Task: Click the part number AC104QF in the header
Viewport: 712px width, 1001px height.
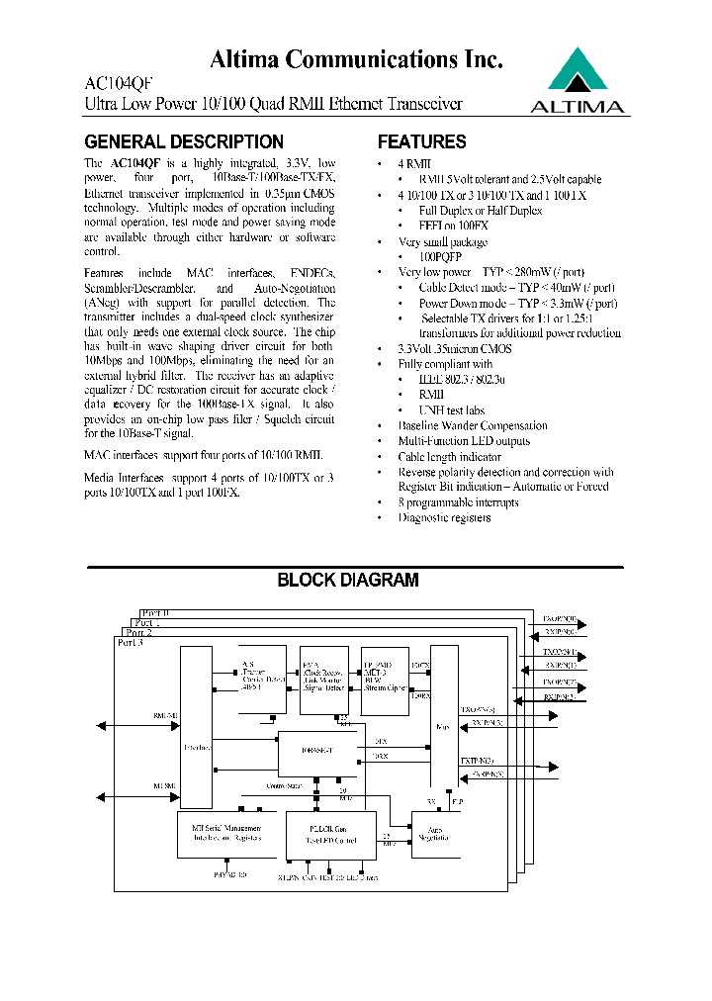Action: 118,85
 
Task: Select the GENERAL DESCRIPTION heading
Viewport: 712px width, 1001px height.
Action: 184,142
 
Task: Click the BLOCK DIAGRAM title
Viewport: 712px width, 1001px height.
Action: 347,581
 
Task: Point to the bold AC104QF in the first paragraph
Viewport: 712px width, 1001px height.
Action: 134,163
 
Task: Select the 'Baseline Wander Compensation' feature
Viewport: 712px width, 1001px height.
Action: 472,426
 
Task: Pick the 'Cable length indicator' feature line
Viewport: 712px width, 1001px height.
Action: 449,457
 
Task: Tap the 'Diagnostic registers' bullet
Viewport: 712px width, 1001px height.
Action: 444,517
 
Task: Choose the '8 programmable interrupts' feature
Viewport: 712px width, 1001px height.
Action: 458,502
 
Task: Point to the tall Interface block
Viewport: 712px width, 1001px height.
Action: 196,728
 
